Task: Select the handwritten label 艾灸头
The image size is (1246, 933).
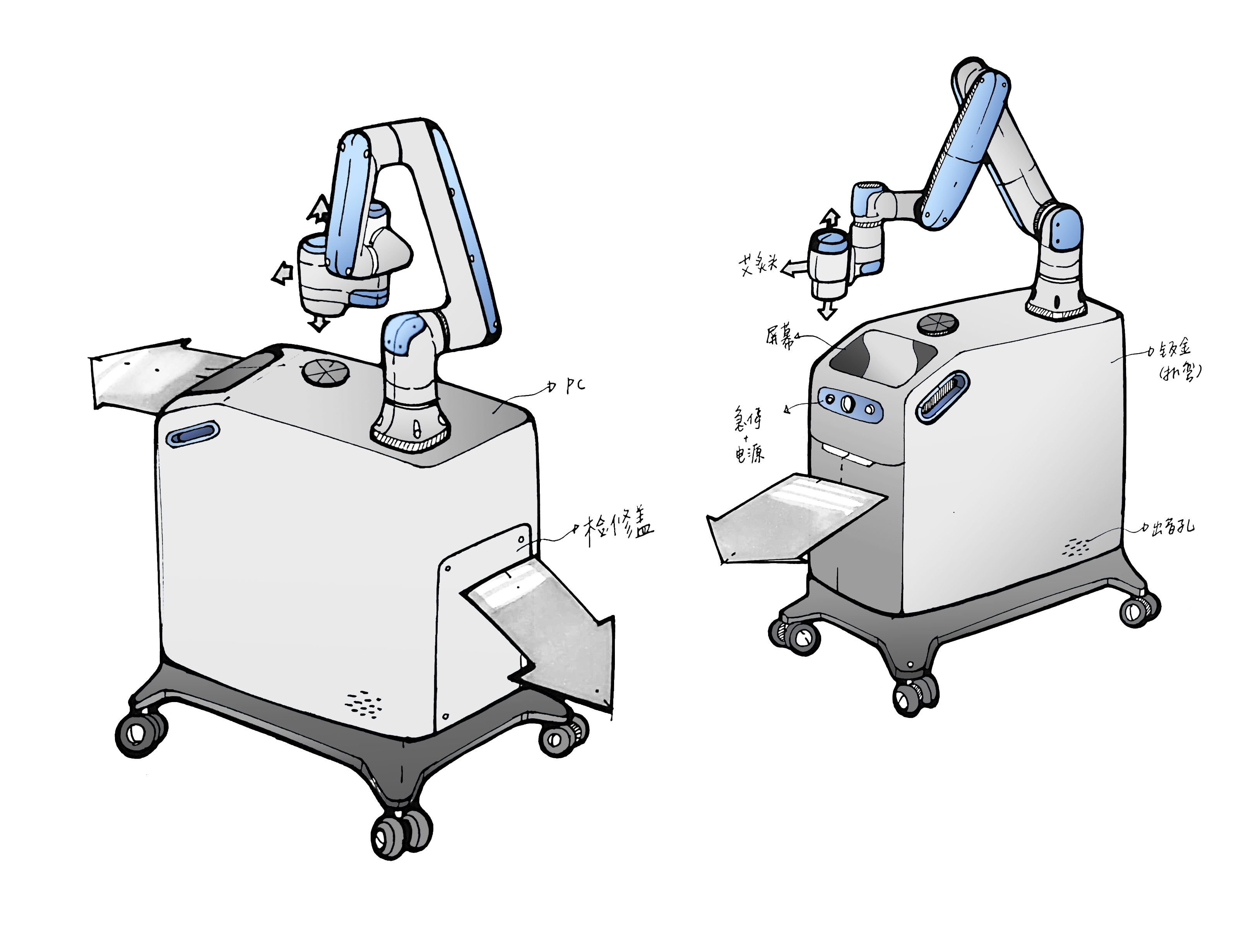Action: [758, 263]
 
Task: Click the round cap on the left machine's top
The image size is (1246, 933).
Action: [325, 372]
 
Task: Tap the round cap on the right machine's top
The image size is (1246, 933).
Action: [937, 324]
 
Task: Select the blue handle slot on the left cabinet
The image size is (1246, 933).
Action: [193, 435]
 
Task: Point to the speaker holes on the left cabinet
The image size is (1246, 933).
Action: [363, 704]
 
